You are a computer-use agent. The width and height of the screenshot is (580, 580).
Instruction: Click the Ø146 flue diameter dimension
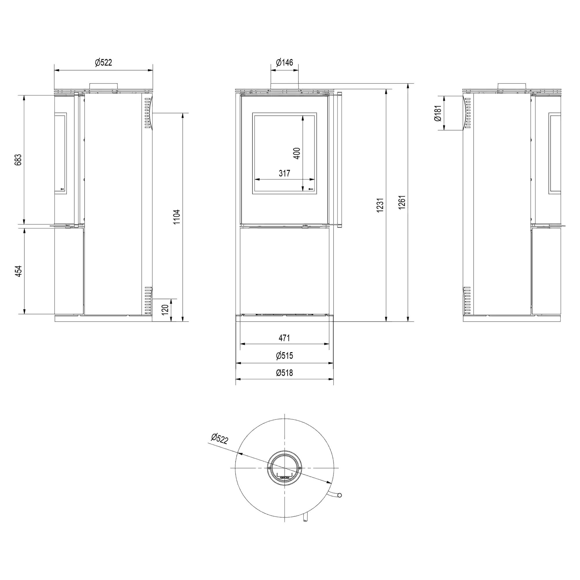[x=284, y=62]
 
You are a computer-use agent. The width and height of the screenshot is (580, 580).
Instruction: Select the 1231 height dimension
[x=380, y=205]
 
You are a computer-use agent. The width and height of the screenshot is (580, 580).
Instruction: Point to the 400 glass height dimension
[x=297, y=153]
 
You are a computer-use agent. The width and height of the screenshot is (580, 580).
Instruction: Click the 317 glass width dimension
[x=284, y=173]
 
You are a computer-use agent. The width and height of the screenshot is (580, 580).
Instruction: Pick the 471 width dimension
[x=284, y=338]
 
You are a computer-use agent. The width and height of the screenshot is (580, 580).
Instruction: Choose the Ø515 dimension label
[x=284, y=356]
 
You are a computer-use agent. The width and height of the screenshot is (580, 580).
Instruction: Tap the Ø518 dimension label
[x=284, y=373]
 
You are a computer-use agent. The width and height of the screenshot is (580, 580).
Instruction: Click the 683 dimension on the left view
[x=19, y=160]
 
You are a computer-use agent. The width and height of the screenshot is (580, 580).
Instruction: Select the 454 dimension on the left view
[x=19, y=271]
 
